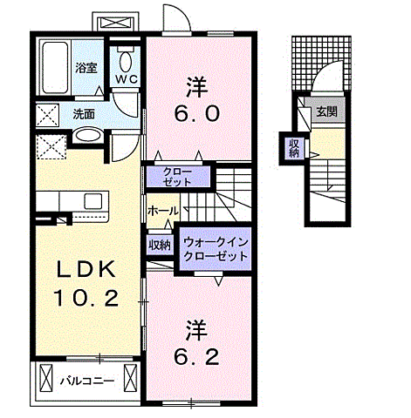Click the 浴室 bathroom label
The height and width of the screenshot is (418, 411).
[x=86, y=66]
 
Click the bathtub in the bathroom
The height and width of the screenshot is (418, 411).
[x=55, y=67]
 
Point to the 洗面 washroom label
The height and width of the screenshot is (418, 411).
[x=84, y=113]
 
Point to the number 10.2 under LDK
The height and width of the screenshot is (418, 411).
[x=87, y=299]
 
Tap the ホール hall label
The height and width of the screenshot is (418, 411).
[x=162, y=211]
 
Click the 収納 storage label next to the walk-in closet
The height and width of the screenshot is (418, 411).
[x=159, y=245]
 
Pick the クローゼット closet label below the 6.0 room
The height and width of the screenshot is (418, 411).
[x=177, y=178]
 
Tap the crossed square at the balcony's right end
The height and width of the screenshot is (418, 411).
[x=131, y=379]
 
